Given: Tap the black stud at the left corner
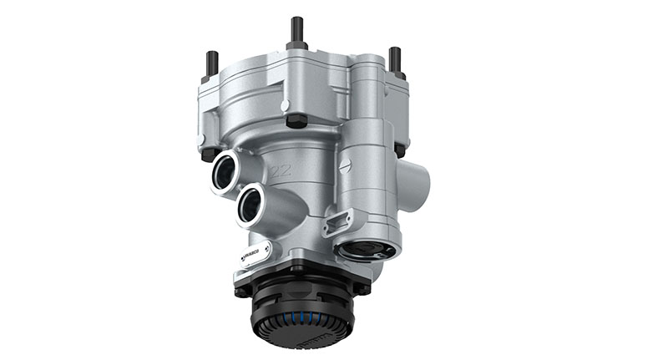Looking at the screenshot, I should (x=212, y=63).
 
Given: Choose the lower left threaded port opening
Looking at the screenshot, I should (x=250, y=205).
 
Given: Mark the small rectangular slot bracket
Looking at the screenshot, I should (x=335, y=221).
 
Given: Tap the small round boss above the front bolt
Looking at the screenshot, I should (x=286, y=106).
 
